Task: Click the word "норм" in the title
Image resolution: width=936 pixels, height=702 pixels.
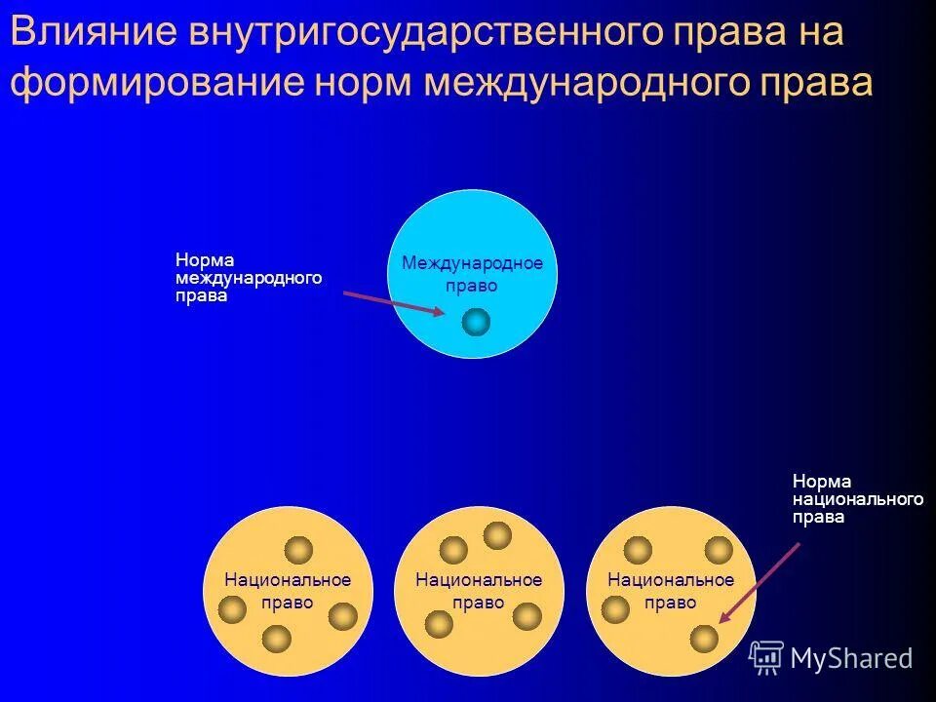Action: (365, 83)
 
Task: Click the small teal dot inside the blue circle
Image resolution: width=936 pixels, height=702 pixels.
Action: (476, 322)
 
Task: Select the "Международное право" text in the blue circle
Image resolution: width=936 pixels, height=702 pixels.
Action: (472, 274)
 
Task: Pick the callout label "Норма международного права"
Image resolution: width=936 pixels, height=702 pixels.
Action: (248, 279)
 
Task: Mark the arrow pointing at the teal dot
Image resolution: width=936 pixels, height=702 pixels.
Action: (392, 302)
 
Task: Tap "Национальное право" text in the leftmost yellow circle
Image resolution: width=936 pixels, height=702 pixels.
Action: (288, 591)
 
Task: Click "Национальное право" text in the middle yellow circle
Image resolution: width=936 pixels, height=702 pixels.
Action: (479, 591)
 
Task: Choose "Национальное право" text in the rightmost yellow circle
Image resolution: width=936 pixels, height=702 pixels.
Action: (671, 591)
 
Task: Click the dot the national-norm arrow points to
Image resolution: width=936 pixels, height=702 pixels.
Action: (704, 638)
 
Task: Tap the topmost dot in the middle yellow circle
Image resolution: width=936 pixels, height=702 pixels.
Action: (497, 534)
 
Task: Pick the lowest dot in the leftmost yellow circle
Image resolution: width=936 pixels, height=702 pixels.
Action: (277, 639)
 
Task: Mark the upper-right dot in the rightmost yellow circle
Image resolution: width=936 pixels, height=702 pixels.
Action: (719, 550)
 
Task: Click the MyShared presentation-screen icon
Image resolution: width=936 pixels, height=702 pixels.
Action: (766, 658)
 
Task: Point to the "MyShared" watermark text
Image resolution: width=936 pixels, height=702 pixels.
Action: (851, 659)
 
